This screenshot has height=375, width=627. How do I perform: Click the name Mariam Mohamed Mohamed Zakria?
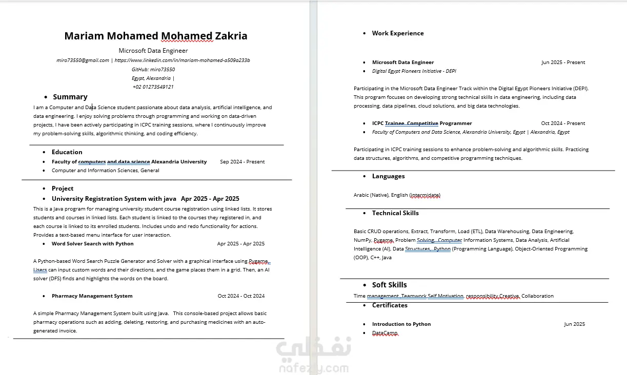(155, 36)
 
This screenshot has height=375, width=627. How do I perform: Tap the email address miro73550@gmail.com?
(83, 60)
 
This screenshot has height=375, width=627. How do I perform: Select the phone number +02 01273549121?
(153, 87)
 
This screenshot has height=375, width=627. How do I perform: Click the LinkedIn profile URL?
(182, 60)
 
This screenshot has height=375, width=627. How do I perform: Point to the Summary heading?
(70, 97)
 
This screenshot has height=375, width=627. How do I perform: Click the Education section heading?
(67, 152)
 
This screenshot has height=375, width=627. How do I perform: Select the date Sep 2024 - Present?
(242, 161)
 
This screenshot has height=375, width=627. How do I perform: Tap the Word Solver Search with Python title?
(92, 243)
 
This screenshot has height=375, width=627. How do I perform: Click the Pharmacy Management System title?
(92, 296)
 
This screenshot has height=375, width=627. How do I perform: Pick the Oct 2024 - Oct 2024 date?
(241, 296)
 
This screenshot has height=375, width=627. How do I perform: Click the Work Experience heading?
(398, 33)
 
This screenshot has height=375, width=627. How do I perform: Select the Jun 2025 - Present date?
(563, 62)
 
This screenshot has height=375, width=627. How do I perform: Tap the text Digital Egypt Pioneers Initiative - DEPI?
(414, 71)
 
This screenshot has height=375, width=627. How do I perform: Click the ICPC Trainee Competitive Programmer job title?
(421, 123)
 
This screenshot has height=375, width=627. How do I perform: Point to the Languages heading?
(388, 176)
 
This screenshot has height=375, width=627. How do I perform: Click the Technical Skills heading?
(395, 213)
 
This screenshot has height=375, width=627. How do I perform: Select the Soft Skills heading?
(389, 285)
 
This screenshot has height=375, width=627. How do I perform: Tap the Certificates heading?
(390, 305)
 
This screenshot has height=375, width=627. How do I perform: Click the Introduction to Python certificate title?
(401, 324)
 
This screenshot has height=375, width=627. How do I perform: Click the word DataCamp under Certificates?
(385, 333)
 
